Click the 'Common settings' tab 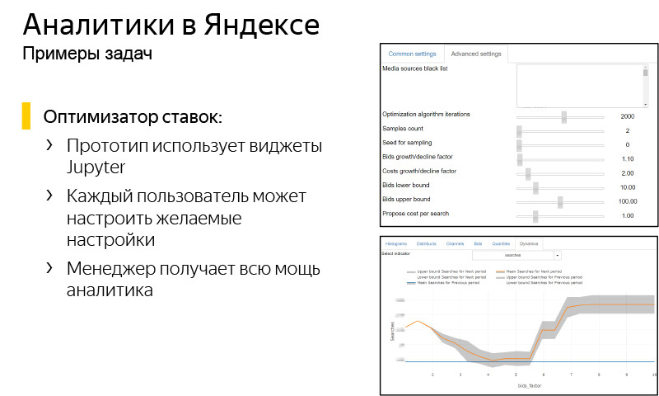tap(412, 54)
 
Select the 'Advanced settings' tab tap(476, 54)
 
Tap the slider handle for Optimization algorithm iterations tap(563, 117)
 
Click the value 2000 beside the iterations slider tap(628, 117)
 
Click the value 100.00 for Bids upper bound tap(628, 201)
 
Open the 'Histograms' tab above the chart tap(397, 244)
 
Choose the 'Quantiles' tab tap(501, 244)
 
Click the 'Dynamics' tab tap(528, 244)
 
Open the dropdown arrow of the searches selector tap(557, 256)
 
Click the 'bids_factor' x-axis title tap(529, 385)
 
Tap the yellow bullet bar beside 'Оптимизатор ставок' tap(26, 116)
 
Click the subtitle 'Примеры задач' tap(86, 54)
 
